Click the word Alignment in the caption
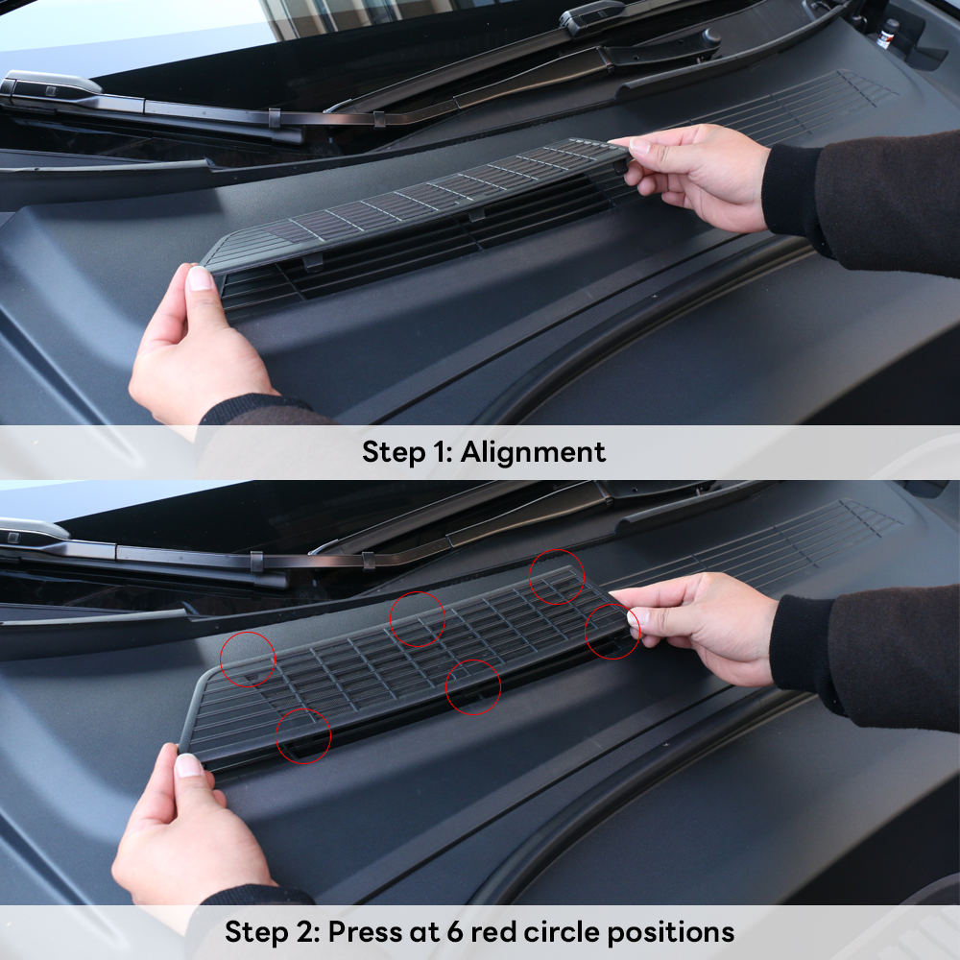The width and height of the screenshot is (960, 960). (x=533, y=452)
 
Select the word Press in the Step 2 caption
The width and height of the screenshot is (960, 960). (x=365, y=931)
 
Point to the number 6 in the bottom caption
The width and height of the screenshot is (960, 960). (x=455, y=932)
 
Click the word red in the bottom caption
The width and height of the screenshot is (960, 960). (x=493, y=932)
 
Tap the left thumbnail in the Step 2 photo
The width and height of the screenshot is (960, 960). (x=188, y=765)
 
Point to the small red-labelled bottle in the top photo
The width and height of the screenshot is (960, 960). (x=886, y=34)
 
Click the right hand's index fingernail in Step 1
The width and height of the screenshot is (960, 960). (x=639, y=146)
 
